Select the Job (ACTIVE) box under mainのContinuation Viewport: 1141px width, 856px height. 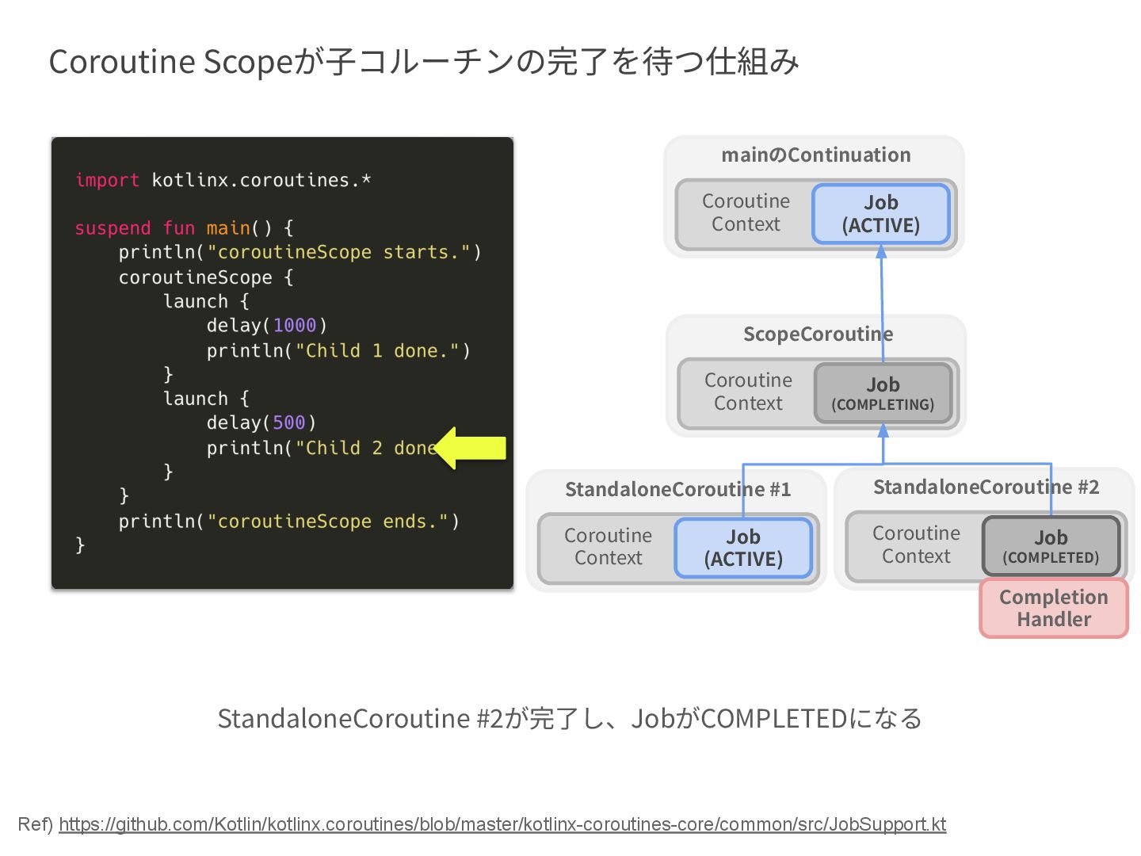880,214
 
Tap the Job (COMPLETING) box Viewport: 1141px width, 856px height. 883,394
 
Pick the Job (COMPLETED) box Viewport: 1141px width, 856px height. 1051,547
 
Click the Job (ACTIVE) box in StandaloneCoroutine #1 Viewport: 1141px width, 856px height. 743,548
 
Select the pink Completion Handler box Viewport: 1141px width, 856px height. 1054,608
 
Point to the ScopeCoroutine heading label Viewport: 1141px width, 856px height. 818,334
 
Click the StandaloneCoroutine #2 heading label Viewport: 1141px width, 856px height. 986,487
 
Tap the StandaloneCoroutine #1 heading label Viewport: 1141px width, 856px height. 677,490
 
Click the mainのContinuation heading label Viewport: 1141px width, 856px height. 815,155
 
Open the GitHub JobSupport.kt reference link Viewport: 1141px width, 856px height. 502,824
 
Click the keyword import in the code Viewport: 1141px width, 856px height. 107,181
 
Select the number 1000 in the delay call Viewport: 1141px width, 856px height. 294,326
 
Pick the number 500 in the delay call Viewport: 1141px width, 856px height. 288,423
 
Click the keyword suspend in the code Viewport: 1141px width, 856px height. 113,228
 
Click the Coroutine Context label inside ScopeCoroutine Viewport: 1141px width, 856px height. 748,392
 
